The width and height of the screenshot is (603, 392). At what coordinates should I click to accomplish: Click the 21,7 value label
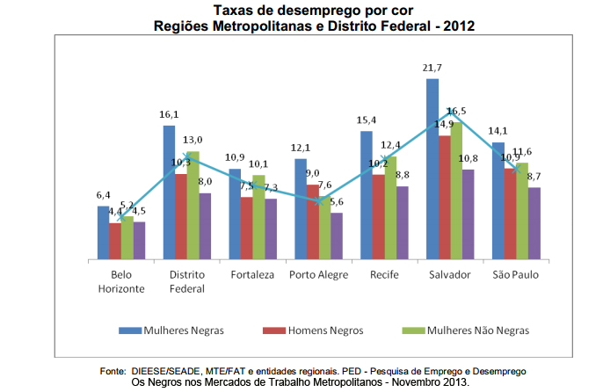[x=432, y=69]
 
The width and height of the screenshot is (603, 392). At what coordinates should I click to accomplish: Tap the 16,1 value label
[x=169, y=115]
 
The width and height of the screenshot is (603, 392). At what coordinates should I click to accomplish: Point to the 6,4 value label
[x=103, y=195]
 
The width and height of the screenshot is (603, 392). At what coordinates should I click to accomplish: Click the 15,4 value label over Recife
[x=367, y=120]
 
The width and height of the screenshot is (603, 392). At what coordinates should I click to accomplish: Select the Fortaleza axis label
[x=252, y=275]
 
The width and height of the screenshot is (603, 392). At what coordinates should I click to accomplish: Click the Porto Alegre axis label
[x=318, y=275]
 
